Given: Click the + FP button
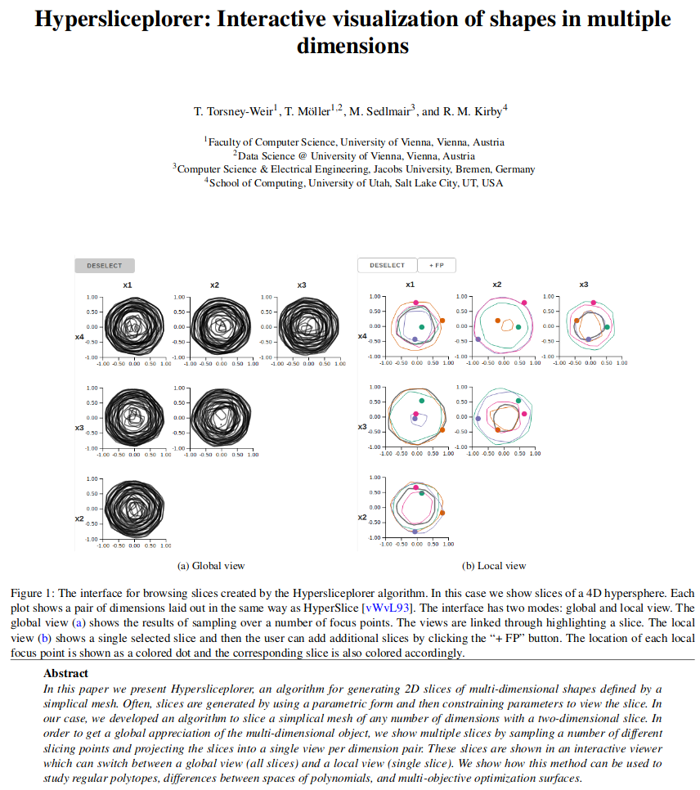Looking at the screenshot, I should click(436, 265).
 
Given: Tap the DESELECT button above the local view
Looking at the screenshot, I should click(387, 265).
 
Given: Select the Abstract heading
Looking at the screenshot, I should click(66, 673).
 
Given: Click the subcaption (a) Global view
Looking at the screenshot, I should click(211, 565).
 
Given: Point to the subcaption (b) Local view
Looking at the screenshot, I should click(494, 565).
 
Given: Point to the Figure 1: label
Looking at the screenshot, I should click(32, 593).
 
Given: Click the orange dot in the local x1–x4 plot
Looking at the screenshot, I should click(442, 321).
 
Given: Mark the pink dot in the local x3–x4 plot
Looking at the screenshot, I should click(594, 303).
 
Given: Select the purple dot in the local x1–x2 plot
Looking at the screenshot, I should click(415, 532).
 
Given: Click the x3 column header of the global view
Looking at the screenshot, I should click(302, 285).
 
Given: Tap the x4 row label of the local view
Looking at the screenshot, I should click(362, 335).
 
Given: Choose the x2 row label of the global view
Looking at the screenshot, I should click(79, 518).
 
